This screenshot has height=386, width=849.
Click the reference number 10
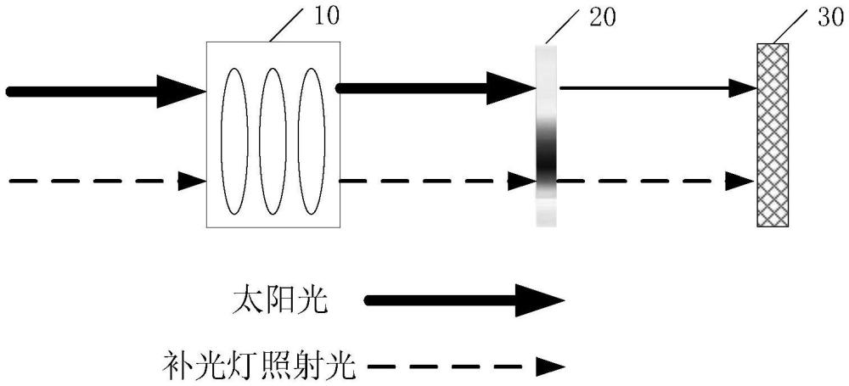click(325, 16)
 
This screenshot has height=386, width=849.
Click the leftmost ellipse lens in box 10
click(234, 142)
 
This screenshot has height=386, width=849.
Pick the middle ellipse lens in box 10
click(273, 142)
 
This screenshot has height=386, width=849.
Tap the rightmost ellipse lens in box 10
click(312, 142)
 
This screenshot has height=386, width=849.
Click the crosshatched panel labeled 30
click(773, 135)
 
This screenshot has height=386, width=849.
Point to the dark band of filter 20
click(546, 157)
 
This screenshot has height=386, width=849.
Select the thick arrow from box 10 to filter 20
click(436, 87)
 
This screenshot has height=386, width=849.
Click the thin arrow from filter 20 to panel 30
click(658, 87)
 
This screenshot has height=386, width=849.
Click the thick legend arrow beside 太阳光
click(465, 300)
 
